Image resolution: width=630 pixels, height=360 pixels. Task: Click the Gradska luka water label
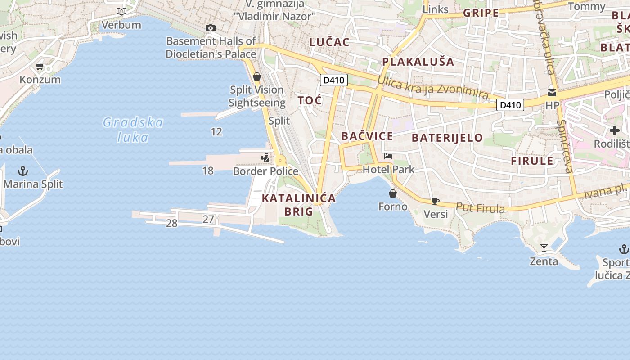133,129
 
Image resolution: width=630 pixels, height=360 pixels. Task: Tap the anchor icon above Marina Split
22,171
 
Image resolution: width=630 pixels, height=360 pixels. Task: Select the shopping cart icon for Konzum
40,67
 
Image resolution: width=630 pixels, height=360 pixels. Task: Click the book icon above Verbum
121,11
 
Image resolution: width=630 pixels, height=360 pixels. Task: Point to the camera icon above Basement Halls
210,28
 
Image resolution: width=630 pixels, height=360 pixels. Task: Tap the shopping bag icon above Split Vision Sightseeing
257,76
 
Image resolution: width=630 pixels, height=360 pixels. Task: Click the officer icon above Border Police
266,158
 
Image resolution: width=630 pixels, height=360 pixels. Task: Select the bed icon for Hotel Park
388,157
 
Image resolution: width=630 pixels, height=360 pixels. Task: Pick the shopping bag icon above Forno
393,193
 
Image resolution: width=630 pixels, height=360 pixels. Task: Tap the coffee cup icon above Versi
435,201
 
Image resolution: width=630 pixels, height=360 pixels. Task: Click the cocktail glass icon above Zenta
544,248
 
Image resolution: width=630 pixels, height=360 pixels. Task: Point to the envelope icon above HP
552,93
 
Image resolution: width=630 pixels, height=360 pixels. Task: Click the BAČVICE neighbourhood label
367,136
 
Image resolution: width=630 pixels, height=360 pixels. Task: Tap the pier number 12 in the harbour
216,131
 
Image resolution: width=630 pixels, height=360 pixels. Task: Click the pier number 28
171,223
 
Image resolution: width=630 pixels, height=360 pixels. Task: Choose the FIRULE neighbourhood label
532,161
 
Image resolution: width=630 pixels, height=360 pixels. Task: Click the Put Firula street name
480,208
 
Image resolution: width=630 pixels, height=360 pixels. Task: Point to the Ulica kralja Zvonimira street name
433,87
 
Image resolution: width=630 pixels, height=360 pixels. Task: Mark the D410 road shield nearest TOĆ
334,81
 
